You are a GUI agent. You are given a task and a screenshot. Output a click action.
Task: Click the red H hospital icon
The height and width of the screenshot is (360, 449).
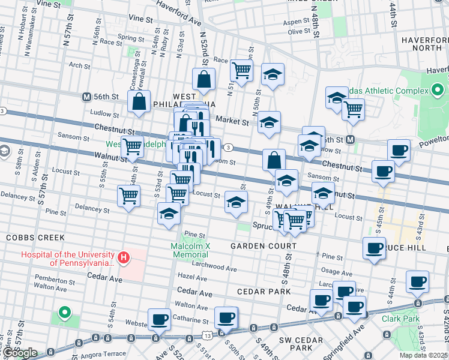[123, 258]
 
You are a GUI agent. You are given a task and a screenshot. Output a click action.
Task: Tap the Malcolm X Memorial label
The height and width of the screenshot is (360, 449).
[190, 250]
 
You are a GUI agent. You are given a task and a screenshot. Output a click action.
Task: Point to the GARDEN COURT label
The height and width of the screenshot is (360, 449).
[264, 246]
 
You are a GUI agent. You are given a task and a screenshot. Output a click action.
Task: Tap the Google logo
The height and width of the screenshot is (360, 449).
[20, 353]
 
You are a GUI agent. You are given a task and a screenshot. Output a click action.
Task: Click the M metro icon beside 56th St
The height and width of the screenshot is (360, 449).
[86, 97]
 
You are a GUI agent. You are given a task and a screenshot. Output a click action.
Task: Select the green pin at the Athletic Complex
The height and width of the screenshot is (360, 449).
[438, 91]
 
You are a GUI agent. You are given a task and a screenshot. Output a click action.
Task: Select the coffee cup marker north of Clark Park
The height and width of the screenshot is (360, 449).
[417, 281]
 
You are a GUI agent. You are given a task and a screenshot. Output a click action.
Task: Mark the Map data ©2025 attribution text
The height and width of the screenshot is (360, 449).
[423, 355]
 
